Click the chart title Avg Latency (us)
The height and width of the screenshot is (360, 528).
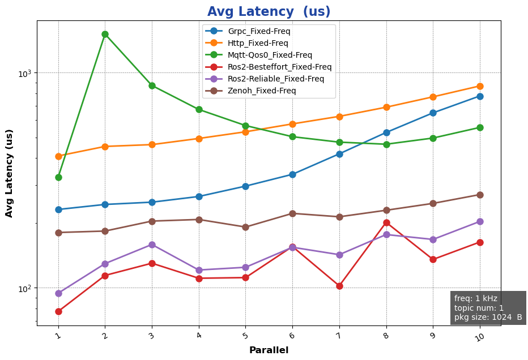tap(269, 12)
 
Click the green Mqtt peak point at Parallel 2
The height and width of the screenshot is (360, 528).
tap(105, 35)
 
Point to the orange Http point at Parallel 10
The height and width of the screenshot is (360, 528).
tap(480, 86)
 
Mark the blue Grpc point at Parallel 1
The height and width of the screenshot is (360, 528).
tap(58, 209)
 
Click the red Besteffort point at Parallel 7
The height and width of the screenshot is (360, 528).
tap(339, 286)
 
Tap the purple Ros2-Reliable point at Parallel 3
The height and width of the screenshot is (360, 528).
tap(152, 245)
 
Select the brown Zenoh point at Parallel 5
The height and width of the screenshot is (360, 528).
tap(245, 227)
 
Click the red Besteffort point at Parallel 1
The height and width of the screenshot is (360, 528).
tap(58, 311)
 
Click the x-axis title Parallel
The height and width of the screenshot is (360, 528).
tap(269, 350)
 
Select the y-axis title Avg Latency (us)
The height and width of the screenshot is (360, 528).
tap(9, 173)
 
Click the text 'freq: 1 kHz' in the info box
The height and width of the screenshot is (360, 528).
tap(476, 298)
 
